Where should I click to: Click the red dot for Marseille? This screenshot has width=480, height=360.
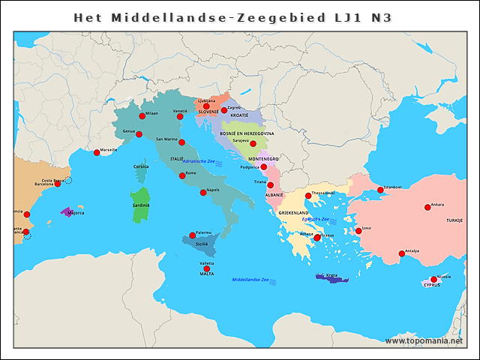[97, 153]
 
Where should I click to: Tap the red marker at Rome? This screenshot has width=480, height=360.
[182, 175]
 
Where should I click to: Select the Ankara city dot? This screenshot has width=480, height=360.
[427, 207]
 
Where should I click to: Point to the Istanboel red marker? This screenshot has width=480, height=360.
[380, 190]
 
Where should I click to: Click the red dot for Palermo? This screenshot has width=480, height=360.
[193, 235]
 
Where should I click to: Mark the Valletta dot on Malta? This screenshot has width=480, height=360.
[207, 268]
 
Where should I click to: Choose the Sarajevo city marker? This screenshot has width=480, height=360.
[253, 143]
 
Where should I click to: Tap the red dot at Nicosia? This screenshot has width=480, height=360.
[433, 280]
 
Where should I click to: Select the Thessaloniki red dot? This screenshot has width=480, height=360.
[307, 196]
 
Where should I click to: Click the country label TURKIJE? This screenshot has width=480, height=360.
[454, 220]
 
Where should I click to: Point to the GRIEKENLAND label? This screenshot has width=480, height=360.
[294, 213]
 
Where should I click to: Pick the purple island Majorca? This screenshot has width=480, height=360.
[67, 213]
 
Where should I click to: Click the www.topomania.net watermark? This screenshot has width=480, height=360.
[424, 340]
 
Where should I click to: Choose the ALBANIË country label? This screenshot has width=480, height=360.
[274, 194]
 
